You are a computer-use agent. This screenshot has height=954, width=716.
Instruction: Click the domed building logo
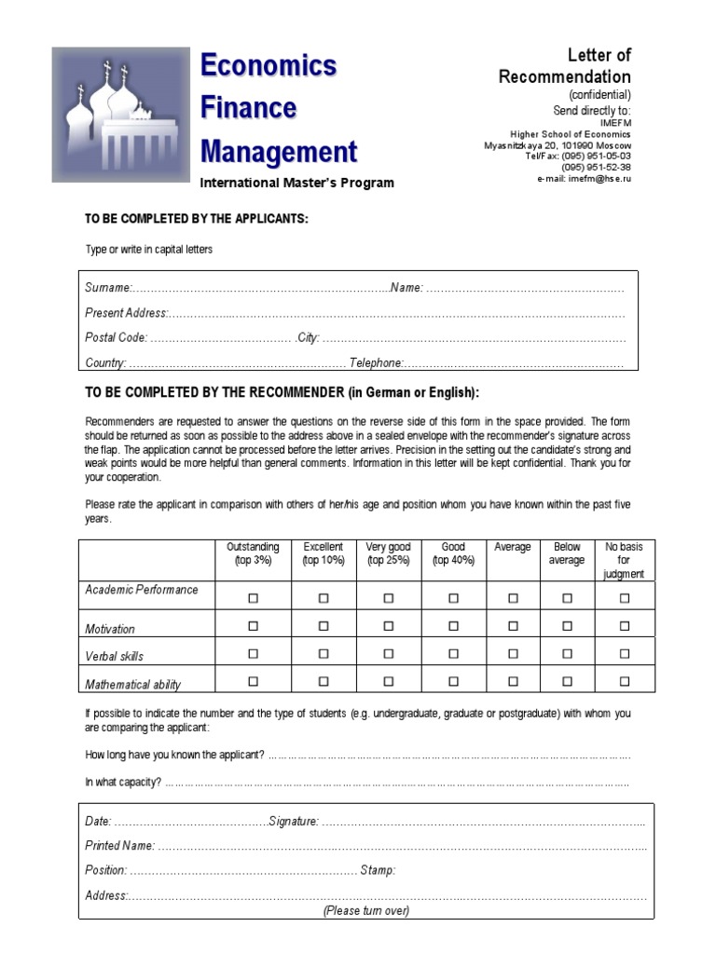121,115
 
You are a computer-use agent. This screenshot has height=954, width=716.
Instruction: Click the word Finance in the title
249,108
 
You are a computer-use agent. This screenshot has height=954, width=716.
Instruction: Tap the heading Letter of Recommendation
565,66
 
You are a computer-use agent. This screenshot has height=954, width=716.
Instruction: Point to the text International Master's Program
296,183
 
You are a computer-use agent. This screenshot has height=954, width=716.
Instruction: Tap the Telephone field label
377,363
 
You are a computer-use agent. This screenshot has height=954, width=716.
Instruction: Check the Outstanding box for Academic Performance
253,599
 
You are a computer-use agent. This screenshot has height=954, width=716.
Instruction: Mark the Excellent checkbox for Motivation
324,627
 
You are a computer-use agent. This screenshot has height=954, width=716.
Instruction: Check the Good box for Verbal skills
453,654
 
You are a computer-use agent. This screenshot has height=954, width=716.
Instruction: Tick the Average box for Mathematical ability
513,682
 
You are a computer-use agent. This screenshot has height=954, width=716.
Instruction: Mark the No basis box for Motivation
625,627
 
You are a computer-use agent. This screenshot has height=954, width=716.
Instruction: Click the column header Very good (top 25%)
388,553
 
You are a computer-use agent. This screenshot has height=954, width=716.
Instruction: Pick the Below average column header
567,553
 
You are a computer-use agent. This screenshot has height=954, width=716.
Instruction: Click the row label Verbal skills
115,656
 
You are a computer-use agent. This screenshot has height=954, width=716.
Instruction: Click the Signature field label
294,821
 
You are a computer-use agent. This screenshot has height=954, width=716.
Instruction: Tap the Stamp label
379,870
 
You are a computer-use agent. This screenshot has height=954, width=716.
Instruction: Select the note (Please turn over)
366,910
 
